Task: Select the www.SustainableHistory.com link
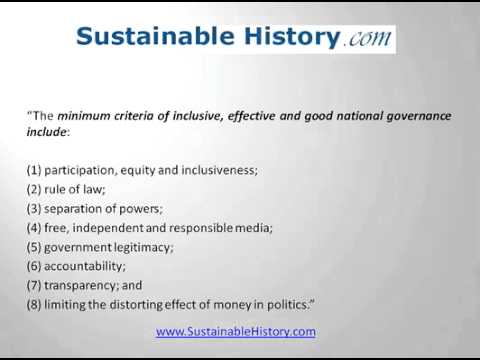pyautogui.click(x=236, y=331)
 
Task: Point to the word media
pyautogui.click(x=253, y=227)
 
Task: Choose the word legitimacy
pyautogui.click(x=140, y=246)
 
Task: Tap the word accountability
pyautogui.click(x=86, y=265)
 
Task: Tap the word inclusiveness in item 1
pyautogui.click(x=220, y=170)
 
